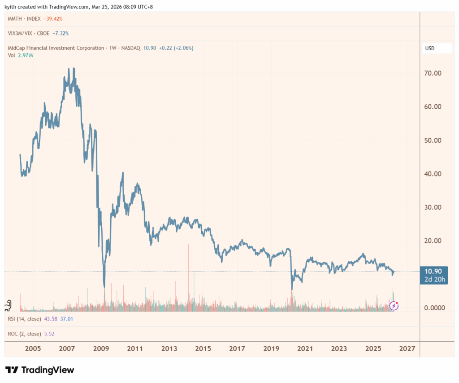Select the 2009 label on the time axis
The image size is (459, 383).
101,349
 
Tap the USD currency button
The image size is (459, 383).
431,48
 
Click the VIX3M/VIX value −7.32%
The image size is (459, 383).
61,33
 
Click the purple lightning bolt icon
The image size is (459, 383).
394,306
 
